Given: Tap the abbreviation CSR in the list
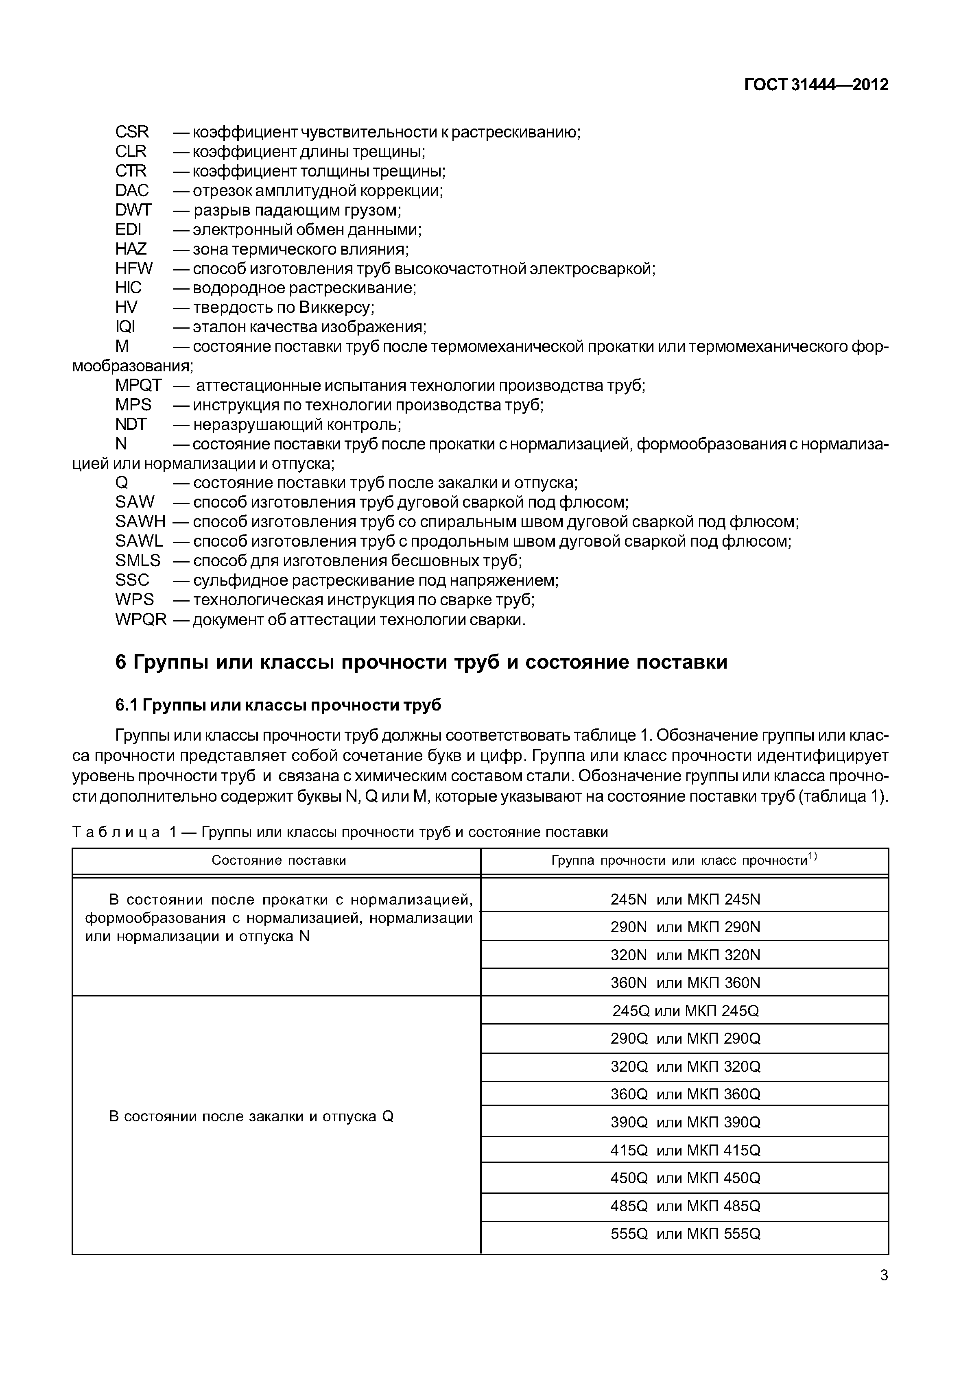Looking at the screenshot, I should (132, 132).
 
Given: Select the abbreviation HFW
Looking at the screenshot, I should (134, 268).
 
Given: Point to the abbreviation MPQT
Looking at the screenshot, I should (138, 385).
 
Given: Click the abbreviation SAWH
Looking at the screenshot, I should (140, 521).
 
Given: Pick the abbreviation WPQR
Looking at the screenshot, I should (140, 619).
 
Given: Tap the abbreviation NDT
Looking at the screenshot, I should (131, 424).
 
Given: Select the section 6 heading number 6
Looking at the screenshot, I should (121, 662).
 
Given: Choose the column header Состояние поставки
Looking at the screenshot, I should (279, 860).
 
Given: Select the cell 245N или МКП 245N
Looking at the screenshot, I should (685, 899).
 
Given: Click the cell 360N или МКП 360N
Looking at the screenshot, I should (685, 983).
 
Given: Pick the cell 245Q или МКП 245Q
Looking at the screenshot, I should (685, 1011).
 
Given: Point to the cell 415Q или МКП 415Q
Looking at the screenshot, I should (685, 1151).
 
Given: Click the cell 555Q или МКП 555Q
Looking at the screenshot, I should (685, 1234).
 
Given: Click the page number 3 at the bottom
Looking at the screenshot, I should (883, 1275).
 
